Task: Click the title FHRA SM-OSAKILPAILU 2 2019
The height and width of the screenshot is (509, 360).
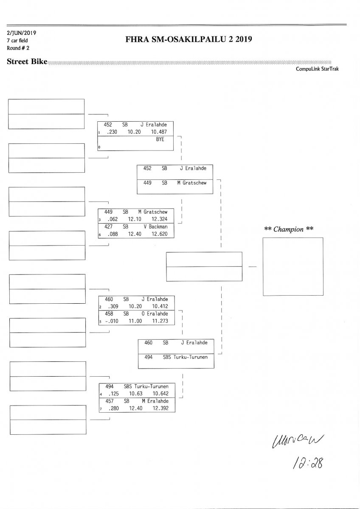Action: [x=189, y=40]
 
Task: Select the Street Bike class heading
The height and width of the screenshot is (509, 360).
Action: [x=27, y=62]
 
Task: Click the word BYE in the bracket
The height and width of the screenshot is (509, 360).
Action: [x=160, y=139]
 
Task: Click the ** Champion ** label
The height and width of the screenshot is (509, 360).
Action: [x=289, y=229]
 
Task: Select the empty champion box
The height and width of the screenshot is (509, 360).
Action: [x=293, y=266]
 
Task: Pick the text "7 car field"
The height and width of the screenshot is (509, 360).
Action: [x=17, y=40]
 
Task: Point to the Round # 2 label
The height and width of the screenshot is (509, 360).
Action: [x=18, y=48]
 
